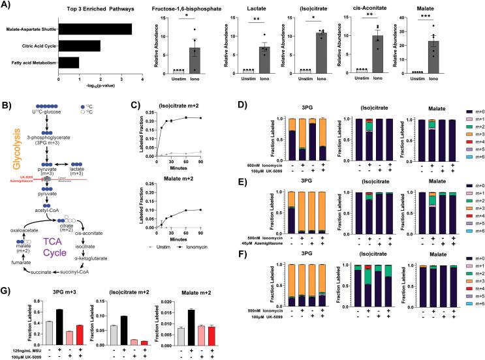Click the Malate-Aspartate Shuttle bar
[x=95, y=29]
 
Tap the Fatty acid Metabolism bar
[x=69, y=63]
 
